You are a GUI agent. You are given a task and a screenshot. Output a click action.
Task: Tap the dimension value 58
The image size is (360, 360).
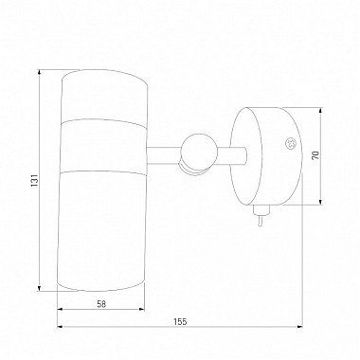point(101,304)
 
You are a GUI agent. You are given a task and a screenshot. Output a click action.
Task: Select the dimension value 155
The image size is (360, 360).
point(180,322)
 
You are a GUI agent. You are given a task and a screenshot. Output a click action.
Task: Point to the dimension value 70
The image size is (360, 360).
point(315,155)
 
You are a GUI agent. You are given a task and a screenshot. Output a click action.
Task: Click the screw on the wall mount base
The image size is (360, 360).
point(290,144)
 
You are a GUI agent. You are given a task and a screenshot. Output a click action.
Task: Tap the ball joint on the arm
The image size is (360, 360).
point(199,151)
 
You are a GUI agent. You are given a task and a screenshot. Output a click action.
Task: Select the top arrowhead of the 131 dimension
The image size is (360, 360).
point(39,72)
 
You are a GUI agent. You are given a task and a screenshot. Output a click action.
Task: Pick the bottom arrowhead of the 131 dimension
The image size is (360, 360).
point(39,288)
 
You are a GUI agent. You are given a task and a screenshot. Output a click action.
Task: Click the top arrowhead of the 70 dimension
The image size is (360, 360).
point(321,110)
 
